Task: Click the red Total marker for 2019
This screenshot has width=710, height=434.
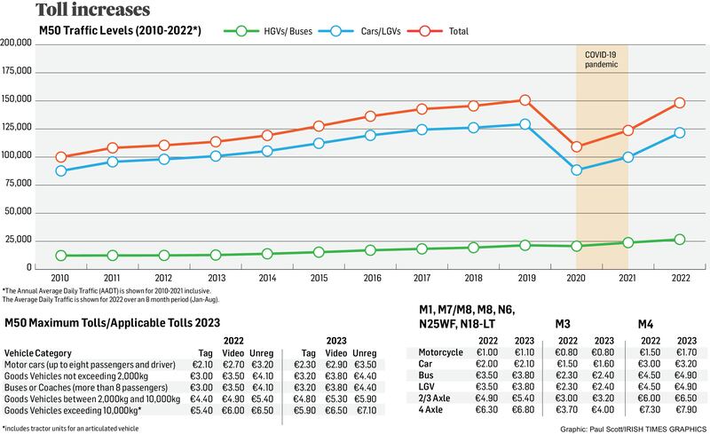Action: pyautogui.click(x=525, y=100)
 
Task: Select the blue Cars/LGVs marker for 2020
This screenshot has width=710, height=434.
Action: pyautogui.click(x=577, y=170)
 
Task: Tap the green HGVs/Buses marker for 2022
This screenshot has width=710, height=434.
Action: pyautogui.click(x=679, y=240)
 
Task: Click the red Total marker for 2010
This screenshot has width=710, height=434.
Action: pyautogui.click(x=60, y=157)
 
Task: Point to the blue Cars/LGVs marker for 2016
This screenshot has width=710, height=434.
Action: pyautogui.click(x=370, y=135)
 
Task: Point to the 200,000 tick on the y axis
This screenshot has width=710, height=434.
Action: pyautogui.click(x=18, y=43)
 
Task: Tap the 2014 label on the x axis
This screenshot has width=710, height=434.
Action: pyautogui.click(x=267, y=278)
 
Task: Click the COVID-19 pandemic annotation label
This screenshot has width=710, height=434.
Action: pyautogui.click(x=602, y=60)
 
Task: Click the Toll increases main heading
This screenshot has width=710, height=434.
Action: pyautogui.click(x=81, y=11)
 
